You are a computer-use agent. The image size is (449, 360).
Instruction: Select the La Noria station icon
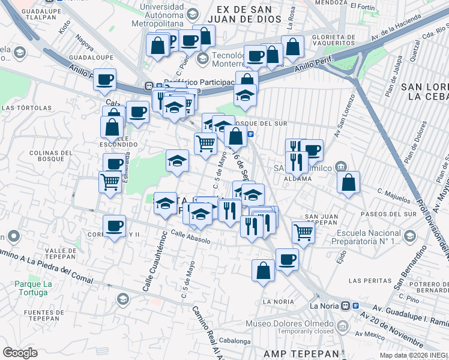346,305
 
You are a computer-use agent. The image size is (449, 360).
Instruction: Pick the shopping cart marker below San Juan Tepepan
304,231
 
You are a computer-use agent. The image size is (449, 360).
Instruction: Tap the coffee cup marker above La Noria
287,259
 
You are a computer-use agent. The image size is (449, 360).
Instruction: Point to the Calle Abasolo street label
190,237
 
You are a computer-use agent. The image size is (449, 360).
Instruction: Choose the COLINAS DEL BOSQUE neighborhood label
47,157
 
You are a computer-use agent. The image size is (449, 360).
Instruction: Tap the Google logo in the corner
20,352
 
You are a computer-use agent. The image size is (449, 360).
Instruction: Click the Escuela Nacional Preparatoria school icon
409,235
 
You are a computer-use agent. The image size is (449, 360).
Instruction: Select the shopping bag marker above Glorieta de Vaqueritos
292,46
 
